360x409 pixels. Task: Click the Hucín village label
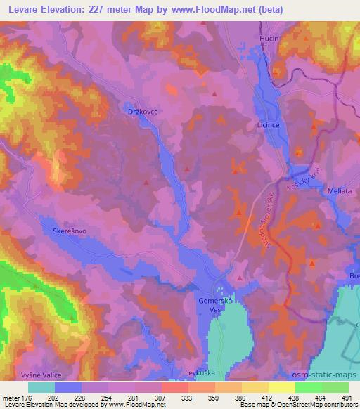269,37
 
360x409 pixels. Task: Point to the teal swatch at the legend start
41,387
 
